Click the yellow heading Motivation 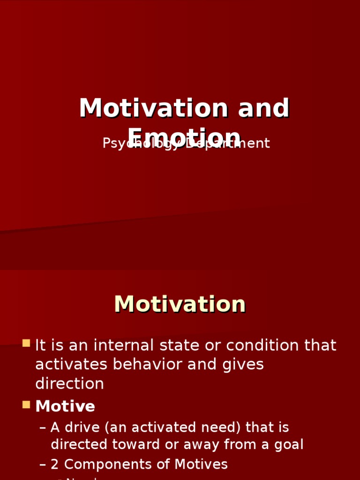pos(180,305)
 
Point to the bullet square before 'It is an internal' pos(26,343)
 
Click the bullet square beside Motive pos(26,404)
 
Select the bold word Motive pos(65,406)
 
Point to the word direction pos(69,384)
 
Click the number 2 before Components pos(55,465)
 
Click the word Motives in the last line pos(201,465)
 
